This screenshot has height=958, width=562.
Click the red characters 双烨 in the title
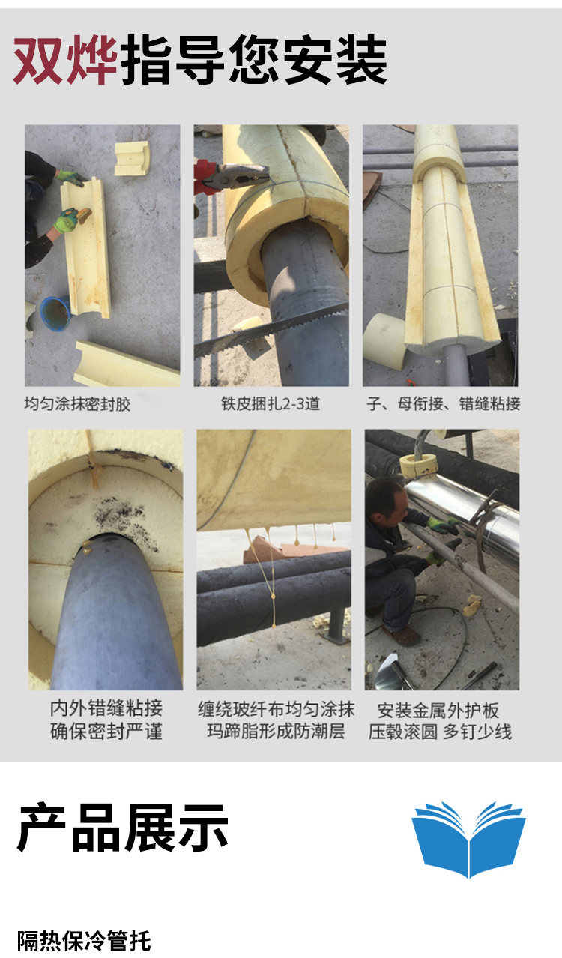(x=65, y=60)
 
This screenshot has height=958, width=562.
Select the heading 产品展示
(x=122, y=828)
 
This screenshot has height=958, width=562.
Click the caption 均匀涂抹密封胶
(x=77, y=404)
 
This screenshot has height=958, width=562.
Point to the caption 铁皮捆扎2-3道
(x=271, y=403)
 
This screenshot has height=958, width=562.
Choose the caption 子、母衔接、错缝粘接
(x=443, y=403)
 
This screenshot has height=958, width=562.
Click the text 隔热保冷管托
(x=84, y=941)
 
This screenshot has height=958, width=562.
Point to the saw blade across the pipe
(x=271, y=330)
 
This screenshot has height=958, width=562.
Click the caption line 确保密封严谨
(x=106, y=732)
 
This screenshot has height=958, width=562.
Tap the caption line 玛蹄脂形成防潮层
(x=276, y=731)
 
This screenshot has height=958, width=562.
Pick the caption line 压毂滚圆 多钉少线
(x=440, y=732)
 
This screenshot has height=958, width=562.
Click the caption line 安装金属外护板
(x=438, y=711)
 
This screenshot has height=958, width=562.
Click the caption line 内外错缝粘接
(x=106, y=708)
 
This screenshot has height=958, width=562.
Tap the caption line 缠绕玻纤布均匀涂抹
(x=276, y=710)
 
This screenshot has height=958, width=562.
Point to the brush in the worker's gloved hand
(x=81, y=213)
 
